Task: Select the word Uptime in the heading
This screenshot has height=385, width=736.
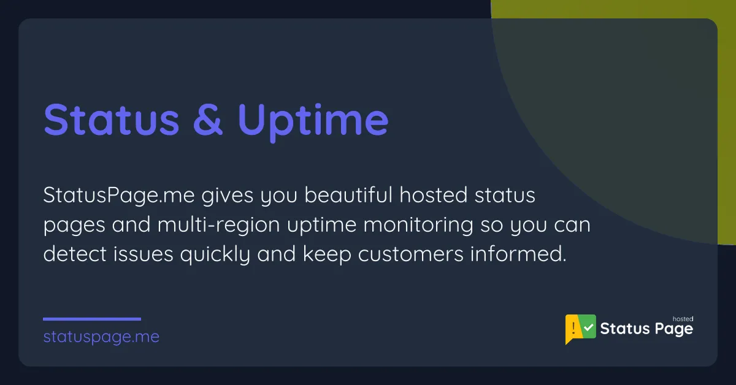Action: [313, 121]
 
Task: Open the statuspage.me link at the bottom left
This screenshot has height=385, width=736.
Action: [101, 337]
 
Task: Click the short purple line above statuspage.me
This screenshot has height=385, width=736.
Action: [92, 319]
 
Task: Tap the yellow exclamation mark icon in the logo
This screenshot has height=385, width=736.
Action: [572, 329]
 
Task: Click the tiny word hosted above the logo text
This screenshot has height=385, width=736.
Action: [683, 319]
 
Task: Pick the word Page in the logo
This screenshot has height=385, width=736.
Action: [673, 330]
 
